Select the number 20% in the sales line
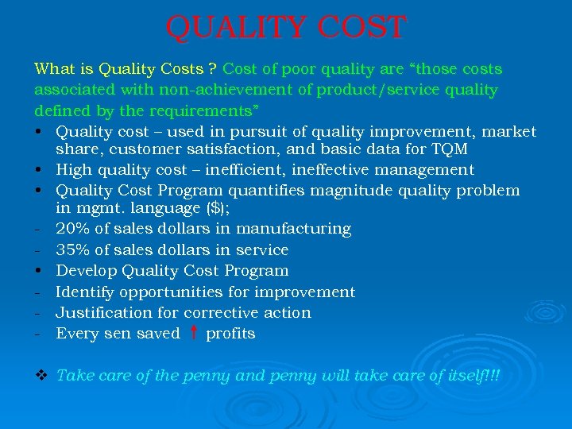(71, 229)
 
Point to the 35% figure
(72, 249)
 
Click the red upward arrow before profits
(193, 333)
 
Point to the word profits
(230, 334)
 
